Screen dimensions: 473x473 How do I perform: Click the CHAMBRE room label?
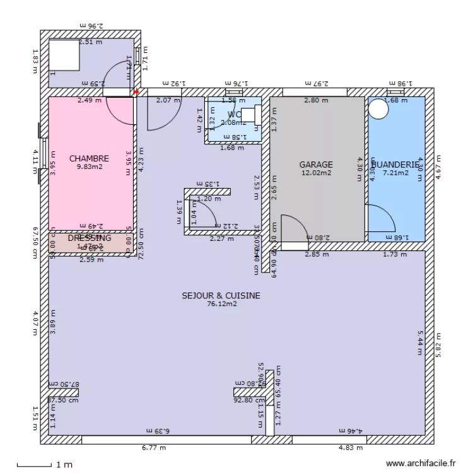[x=89, y=158]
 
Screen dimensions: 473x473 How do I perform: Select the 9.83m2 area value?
[x=89, y=167]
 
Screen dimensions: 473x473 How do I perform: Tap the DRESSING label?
[x=90, y=238]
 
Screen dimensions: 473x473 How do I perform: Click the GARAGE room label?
[x=315, y=165]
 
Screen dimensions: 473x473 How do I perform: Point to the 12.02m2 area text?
[x=315, y=173]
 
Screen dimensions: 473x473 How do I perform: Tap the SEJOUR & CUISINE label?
[x=221, y=295]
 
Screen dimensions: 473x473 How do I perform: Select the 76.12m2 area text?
[x=221, y=303]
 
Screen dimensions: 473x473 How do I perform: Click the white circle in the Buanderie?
[x=379, y=109]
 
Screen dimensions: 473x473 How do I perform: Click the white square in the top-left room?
[x=64, y=55]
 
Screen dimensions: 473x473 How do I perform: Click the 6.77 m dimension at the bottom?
[x=154, y=448]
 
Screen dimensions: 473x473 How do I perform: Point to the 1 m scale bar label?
[x=64, y=465]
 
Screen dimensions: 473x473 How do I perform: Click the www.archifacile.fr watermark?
[x=420, y=462]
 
